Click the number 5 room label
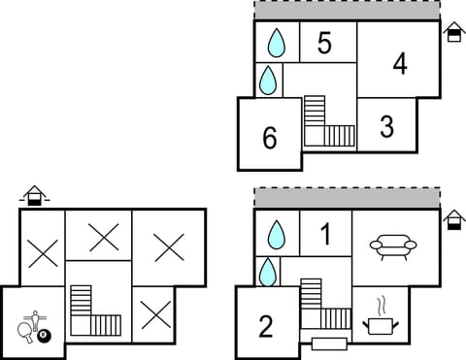coord(324,44)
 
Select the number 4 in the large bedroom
coord(399,64)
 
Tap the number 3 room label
coord(386,126)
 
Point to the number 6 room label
coord(270,139)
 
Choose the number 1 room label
coord(325,234)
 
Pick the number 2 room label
coord(266,327)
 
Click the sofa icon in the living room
coord(393,246)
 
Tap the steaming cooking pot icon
coord(380,319)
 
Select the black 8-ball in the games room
coord(44,337)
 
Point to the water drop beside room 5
coord(277,43)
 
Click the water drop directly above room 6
coord(268,80)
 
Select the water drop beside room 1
coord(277,234)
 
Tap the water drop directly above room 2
coord(268,271)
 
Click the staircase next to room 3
coord(327,123)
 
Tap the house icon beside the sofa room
coord(452,221)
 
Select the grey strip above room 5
coord(347,10)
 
